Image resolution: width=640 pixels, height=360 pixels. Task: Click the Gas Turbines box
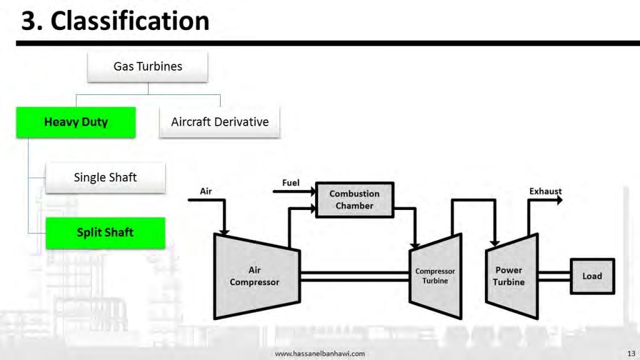(147, 66)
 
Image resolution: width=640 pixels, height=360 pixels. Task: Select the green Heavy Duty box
(76, 122)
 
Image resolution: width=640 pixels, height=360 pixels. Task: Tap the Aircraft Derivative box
(219, 122)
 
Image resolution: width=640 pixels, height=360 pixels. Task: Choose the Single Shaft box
(105, 177)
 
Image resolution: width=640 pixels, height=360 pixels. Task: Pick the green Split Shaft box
(105, 232)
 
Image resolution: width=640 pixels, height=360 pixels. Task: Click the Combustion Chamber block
(354, 200)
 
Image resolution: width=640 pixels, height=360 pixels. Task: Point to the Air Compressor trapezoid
(254, 275)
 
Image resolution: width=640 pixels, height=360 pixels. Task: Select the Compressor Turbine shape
(435, 276)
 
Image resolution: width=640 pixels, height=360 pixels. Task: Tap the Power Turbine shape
(509, 276)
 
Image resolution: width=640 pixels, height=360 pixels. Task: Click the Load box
(592, 276)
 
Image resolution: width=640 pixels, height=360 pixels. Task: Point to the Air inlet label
(206, 191)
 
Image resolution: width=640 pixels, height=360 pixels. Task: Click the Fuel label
(291, 183)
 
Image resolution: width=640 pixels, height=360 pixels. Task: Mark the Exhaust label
(546, 191)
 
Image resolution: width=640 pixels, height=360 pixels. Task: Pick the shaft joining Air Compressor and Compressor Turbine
(355, 276)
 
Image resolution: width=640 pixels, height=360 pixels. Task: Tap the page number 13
(630, 353)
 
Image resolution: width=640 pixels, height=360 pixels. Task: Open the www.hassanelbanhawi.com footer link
(320, 353)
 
